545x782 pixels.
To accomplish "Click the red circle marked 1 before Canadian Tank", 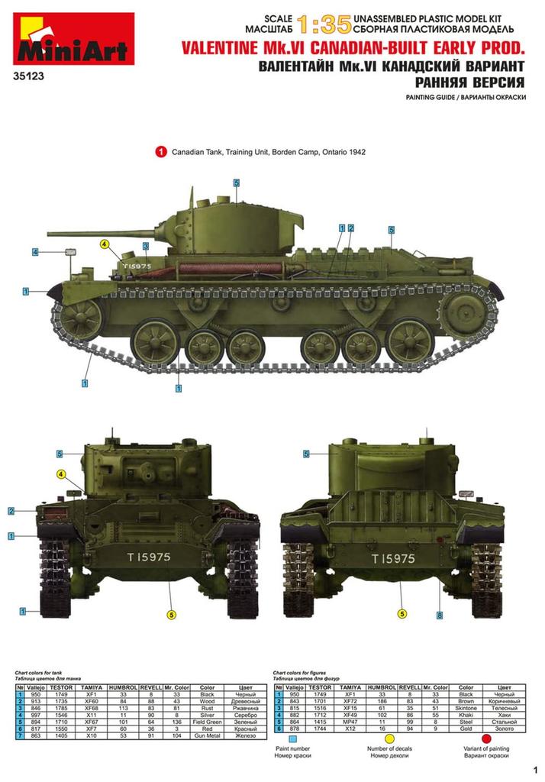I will [161, 152].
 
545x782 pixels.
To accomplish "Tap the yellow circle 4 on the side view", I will [105, 244].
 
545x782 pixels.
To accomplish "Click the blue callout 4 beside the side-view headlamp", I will [35, 252].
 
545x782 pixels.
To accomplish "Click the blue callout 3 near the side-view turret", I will [145, 246].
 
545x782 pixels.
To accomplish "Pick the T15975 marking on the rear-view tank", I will [393, 558].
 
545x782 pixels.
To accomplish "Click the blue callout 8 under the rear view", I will [440, 616].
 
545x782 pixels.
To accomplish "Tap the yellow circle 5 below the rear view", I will [402, 612].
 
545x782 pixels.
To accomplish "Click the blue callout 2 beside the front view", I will [11, 511].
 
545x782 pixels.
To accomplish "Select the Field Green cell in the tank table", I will [208, 721].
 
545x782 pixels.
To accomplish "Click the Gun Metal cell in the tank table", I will [208, 736].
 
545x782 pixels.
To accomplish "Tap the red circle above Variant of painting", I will [486, 738].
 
